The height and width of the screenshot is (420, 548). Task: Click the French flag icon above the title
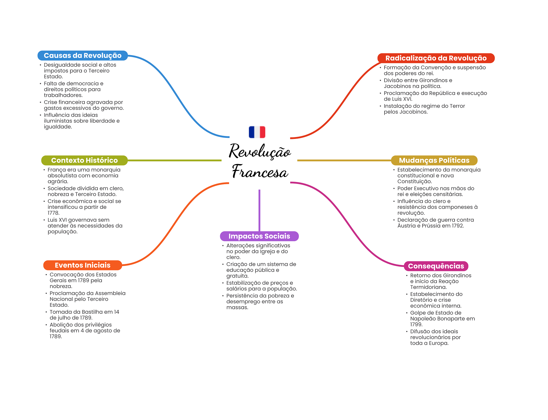click(257, 132)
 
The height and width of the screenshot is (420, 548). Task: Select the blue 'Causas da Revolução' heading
click(82, 55)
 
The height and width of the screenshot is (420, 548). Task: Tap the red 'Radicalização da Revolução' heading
click(436, 58)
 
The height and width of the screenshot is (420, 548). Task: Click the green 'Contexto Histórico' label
click(84, 160)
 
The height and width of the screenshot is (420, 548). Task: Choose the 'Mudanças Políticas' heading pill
click(434, 160)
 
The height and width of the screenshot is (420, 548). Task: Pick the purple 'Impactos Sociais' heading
click(259, 236)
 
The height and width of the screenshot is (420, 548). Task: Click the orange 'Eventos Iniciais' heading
click(82, 265)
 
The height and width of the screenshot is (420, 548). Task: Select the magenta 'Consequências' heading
click(436, 266)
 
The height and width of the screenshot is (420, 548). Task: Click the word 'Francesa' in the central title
click(260, 172)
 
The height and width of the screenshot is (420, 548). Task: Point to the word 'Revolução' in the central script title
click(260, 151)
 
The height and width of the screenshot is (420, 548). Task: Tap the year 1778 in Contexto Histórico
click(53, 213)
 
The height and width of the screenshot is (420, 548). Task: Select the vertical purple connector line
click(259, 210)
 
